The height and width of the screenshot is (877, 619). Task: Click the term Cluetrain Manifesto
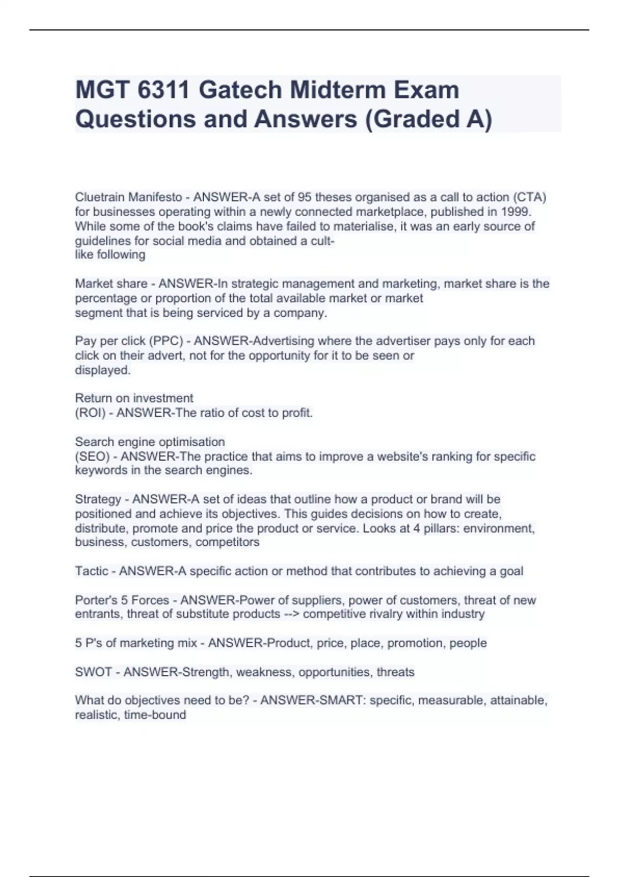point(128,197)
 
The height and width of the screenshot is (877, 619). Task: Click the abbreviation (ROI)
point(91,413)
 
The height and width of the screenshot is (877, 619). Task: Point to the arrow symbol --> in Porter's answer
point(291,614)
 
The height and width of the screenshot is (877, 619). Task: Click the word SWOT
point(93,672)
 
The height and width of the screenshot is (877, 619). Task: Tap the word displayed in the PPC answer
point(103,370)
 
